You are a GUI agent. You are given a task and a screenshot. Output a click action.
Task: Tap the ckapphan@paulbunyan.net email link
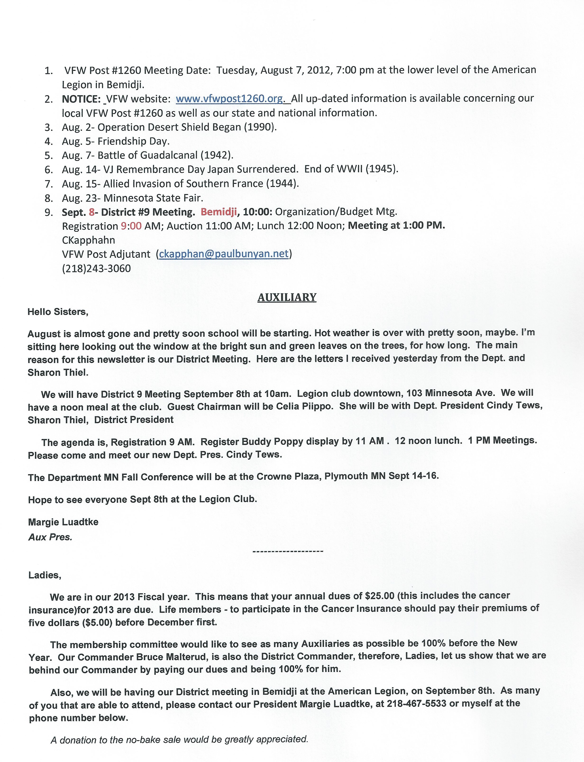click(x=224, y=254)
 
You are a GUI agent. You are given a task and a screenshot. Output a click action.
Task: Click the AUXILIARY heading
click(x=287, y=297)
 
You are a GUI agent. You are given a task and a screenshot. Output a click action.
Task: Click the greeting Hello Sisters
click(x=58, y=312)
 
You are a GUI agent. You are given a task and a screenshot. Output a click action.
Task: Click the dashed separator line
click(x=288, y=551)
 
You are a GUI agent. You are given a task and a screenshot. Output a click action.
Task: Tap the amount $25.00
click(x=380, y=596)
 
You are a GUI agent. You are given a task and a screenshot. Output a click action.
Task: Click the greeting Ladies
click(x=45, y=575)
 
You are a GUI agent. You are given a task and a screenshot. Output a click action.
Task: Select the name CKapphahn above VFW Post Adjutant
click(x=88, y=240)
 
